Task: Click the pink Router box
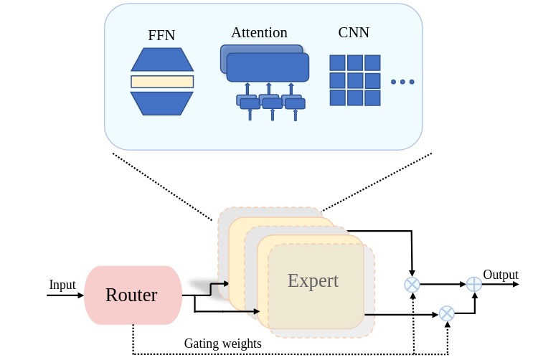(133, 295)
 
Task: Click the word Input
(62, 285)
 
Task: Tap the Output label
(501, 275)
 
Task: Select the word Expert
(313, 280)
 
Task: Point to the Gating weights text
(222, 344)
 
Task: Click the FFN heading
(161, 35)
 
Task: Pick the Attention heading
(259, 32)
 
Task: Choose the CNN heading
(353, 32)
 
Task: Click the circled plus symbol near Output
(474, 284)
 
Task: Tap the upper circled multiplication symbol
(412, 285)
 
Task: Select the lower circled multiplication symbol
(447, 313)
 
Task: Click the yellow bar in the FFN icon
(162, 82)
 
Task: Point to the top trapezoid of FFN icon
(162, 60)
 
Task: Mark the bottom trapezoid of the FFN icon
(162, 103)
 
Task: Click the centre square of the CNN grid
(355, 80)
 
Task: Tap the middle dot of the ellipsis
(402, 82)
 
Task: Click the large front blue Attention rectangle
(268, 67)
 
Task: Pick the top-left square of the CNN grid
(337, 63)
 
